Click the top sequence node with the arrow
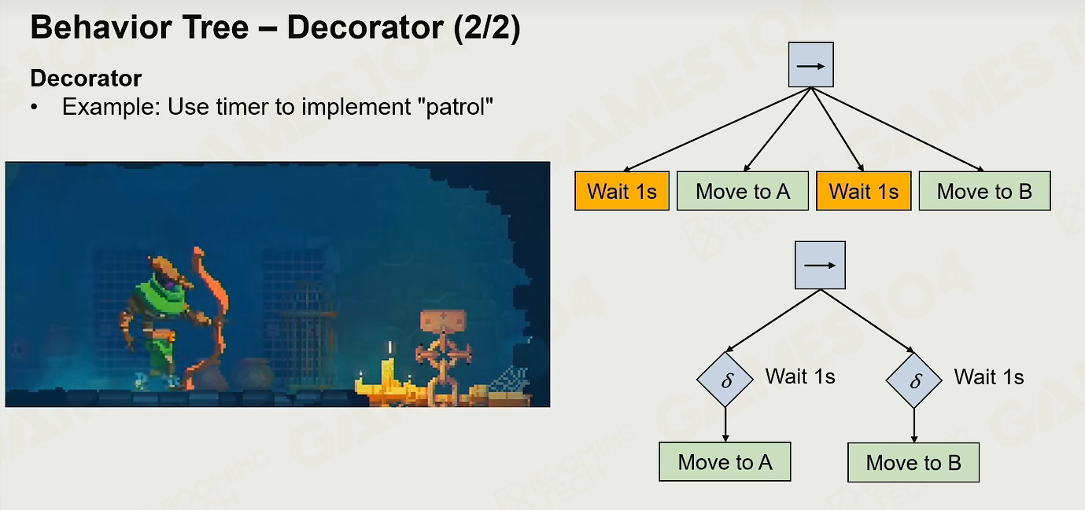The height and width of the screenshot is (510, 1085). tap(811, 65)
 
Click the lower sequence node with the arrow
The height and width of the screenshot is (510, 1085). tap(820, 265)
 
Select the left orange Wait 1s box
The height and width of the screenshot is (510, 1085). tap(622, 191)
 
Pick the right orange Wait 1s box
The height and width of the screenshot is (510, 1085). tap(864, 191)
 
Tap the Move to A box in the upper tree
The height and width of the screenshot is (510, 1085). tap(743, 191)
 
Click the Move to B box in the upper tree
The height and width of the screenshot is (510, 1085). tap(985, 191)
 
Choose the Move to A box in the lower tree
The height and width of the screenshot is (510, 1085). tap(725, 461)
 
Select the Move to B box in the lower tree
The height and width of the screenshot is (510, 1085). tap(913, 462)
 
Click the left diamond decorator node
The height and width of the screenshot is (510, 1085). tap(725, 380)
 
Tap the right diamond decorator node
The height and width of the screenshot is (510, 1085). tap(914, 380)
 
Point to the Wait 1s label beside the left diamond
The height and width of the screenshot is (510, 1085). tap(800, 376)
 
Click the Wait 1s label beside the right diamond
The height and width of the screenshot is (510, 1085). tap(989, 377)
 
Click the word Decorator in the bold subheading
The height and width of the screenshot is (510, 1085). tap(86, 78)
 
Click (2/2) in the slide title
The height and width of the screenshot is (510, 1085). tap(487, 27)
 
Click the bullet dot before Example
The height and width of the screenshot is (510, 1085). tap(33, 107)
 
